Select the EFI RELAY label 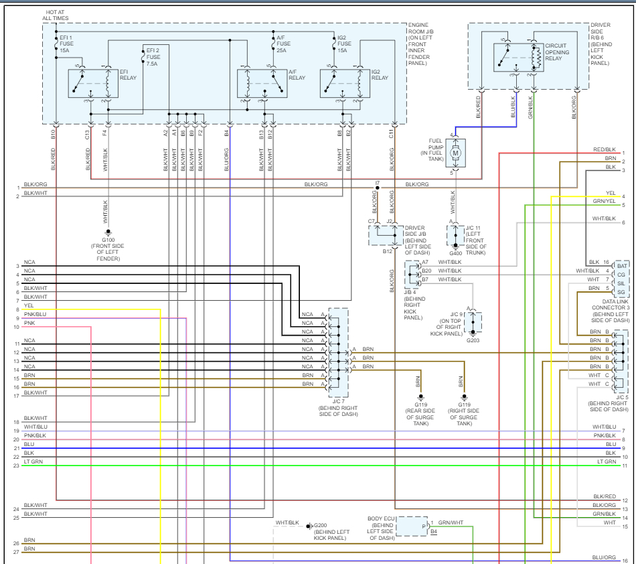(x=127, y=74)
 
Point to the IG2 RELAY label (x=380, y=74)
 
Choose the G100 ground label (x=108, y=240)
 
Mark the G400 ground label (x=455, y=253)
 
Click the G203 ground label (x=473, y=340)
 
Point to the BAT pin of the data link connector (x=621, y=266)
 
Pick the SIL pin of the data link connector (x=621, y=283)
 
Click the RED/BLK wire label (x=604, y=149)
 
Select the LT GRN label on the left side (x=34, y=462)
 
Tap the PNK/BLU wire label (x=35, y=313)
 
